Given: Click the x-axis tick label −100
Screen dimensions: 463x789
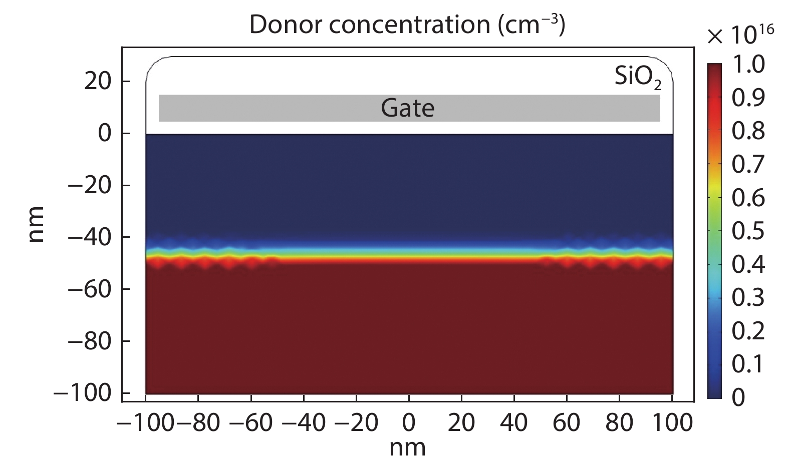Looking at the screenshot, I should point(145,423).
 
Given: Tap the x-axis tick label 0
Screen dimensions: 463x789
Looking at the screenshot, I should point(409,423).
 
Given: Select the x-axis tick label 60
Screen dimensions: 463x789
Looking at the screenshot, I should point(567,423).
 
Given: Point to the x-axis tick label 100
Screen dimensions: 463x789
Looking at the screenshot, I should point(671,423).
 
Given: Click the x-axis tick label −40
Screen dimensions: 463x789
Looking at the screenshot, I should point(304,423).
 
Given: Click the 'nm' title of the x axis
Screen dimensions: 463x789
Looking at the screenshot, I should point(408,447).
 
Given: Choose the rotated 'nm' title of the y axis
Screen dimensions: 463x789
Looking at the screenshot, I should point(37,224).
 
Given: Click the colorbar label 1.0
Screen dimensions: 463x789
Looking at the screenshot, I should point(748,65).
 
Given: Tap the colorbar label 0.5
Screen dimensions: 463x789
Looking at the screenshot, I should point(748,231).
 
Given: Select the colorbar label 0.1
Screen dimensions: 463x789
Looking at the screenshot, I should point(748,364).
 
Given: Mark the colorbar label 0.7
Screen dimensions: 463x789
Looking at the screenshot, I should point(748,165).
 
